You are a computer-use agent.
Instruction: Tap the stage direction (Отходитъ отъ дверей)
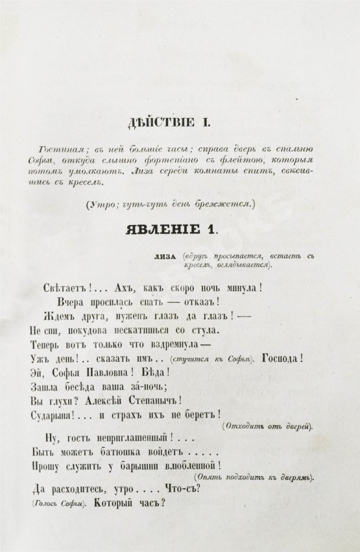pos(266,426)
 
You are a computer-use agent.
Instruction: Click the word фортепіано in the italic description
pos(162,159)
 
